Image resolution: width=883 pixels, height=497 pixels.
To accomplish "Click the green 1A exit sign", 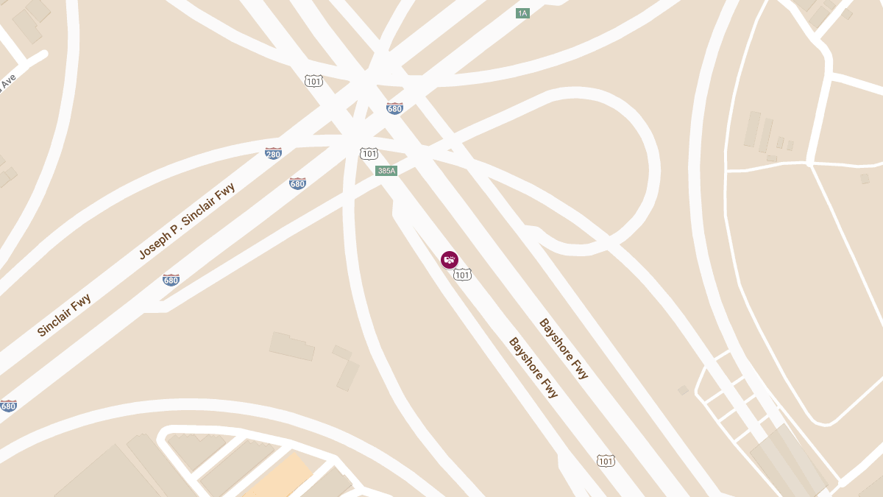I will pyautogui.click(x=522, y=13).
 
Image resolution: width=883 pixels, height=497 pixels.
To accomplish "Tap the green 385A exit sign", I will pyautogui.click(x=386, y=171).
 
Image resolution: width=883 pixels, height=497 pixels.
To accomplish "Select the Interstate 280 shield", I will pyautogui.click(x=273, y=154).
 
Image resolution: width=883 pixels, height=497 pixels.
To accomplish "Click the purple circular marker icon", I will pyautogui.click(x=450, y=260).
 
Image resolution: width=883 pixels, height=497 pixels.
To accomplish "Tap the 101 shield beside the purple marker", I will pyautogui.click(x=462, y=275).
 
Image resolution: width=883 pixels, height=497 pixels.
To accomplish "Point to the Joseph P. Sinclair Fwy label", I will pyautogui.click(x=187, y=221).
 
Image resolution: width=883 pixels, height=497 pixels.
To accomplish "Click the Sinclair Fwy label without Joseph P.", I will pyautogui.click(x=64, y=315).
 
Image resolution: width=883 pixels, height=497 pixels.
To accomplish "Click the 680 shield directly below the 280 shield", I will pyautogui.click(x=297, y=183).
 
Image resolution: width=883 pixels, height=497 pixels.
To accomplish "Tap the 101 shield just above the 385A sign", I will pyautogui.click(x=369, y=153).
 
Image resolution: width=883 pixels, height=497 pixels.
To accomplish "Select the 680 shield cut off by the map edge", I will pyautogui.click(x=8, y=406).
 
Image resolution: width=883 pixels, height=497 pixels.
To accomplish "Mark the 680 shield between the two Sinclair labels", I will pyautogui.click(x=171, y=280).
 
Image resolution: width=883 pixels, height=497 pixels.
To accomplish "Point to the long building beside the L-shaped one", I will pyautogui.click(x=292, y=346).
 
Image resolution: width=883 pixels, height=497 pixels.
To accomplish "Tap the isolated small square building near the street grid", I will pyautogui.click(x=683, y=390).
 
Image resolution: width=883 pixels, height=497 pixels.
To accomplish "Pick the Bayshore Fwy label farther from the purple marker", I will pyautogui.click(x=564, y=348).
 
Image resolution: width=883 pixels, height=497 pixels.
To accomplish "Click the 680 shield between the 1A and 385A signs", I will pyautogui.click(x=394, y=109).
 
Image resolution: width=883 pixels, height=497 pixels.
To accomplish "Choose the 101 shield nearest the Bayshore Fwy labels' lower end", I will pyautogui.click(x=605, y=461).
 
